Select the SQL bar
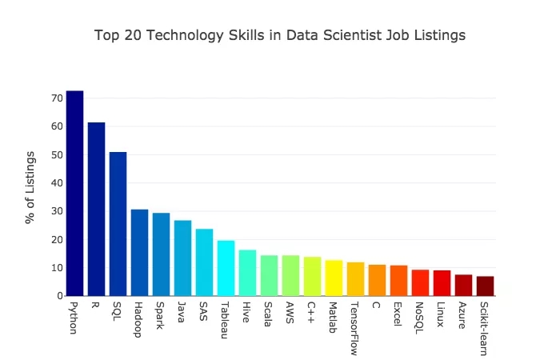tap(118, 224)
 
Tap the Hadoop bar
tap(139, 253)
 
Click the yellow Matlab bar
tap(334, 278)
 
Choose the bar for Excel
tap(398, 281)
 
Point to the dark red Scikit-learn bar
tap(485, 286)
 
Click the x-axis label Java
tap(182, 312)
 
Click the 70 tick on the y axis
tap(57, 98)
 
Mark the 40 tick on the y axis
tap(57, 183)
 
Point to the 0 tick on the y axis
tap(59, 296)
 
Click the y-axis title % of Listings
tap(31, 186)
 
